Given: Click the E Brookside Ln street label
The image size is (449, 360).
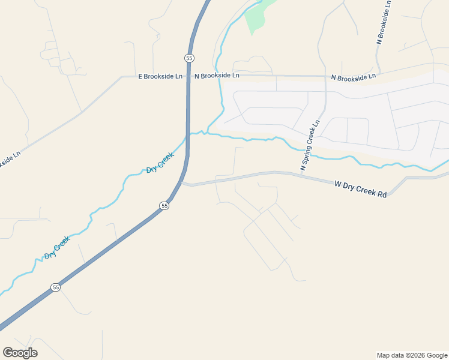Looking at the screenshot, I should click(x=160, y=77).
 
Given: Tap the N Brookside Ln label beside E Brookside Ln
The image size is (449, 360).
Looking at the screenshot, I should click(x=217, y=76).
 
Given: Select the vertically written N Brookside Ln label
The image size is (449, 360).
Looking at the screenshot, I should click(x=384, y=22).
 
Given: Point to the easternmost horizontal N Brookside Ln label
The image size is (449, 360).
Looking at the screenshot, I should click(x=354, y=77).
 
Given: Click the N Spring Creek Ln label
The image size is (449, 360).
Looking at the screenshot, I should click(x=310, y=145).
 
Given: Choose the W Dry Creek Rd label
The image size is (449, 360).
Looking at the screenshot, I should click(x=360, y=190).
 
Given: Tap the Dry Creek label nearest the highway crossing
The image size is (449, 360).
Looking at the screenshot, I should click(x=160, y=163).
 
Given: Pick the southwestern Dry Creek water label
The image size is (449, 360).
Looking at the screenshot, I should click(x=58, y=247).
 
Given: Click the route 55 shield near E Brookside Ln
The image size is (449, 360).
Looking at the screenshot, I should click(x=189, y=58).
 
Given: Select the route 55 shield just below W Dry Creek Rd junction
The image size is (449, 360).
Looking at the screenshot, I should click(x=164, y=206).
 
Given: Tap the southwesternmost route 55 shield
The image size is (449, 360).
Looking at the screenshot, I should click(x=56, y=287).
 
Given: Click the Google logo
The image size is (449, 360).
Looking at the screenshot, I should click(x=20, y=353).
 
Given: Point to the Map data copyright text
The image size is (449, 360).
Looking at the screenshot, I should click(x=412, y=355).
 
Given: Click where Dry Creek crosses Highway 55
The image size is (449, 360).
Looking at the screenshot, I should click(x=188, y=136).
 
